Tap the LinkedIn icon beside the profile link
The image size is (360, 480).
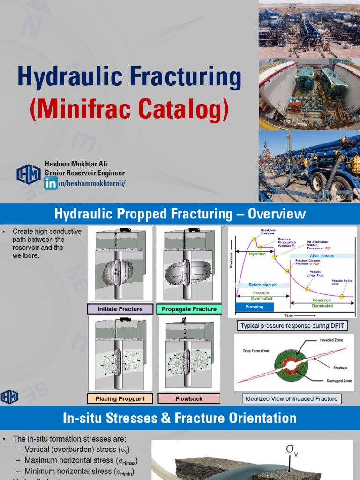click(x=51, y=183)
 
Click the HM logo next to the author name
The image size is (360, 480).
click(x=29, y=174)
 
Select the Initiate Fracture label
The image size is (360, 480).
click(x=120, y=309)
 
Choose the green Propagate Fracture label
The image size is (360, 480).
click(x=189, y=309)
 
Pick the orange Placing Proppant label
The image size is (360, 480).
click(x=120, y=398)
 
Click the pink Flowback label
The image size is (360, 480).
click(x=189, y=398)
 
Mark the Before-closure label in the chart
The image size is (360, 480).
click(x=262, y=285)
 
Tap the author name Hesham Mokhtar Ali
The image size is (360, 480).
click(x=76, y=164)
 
